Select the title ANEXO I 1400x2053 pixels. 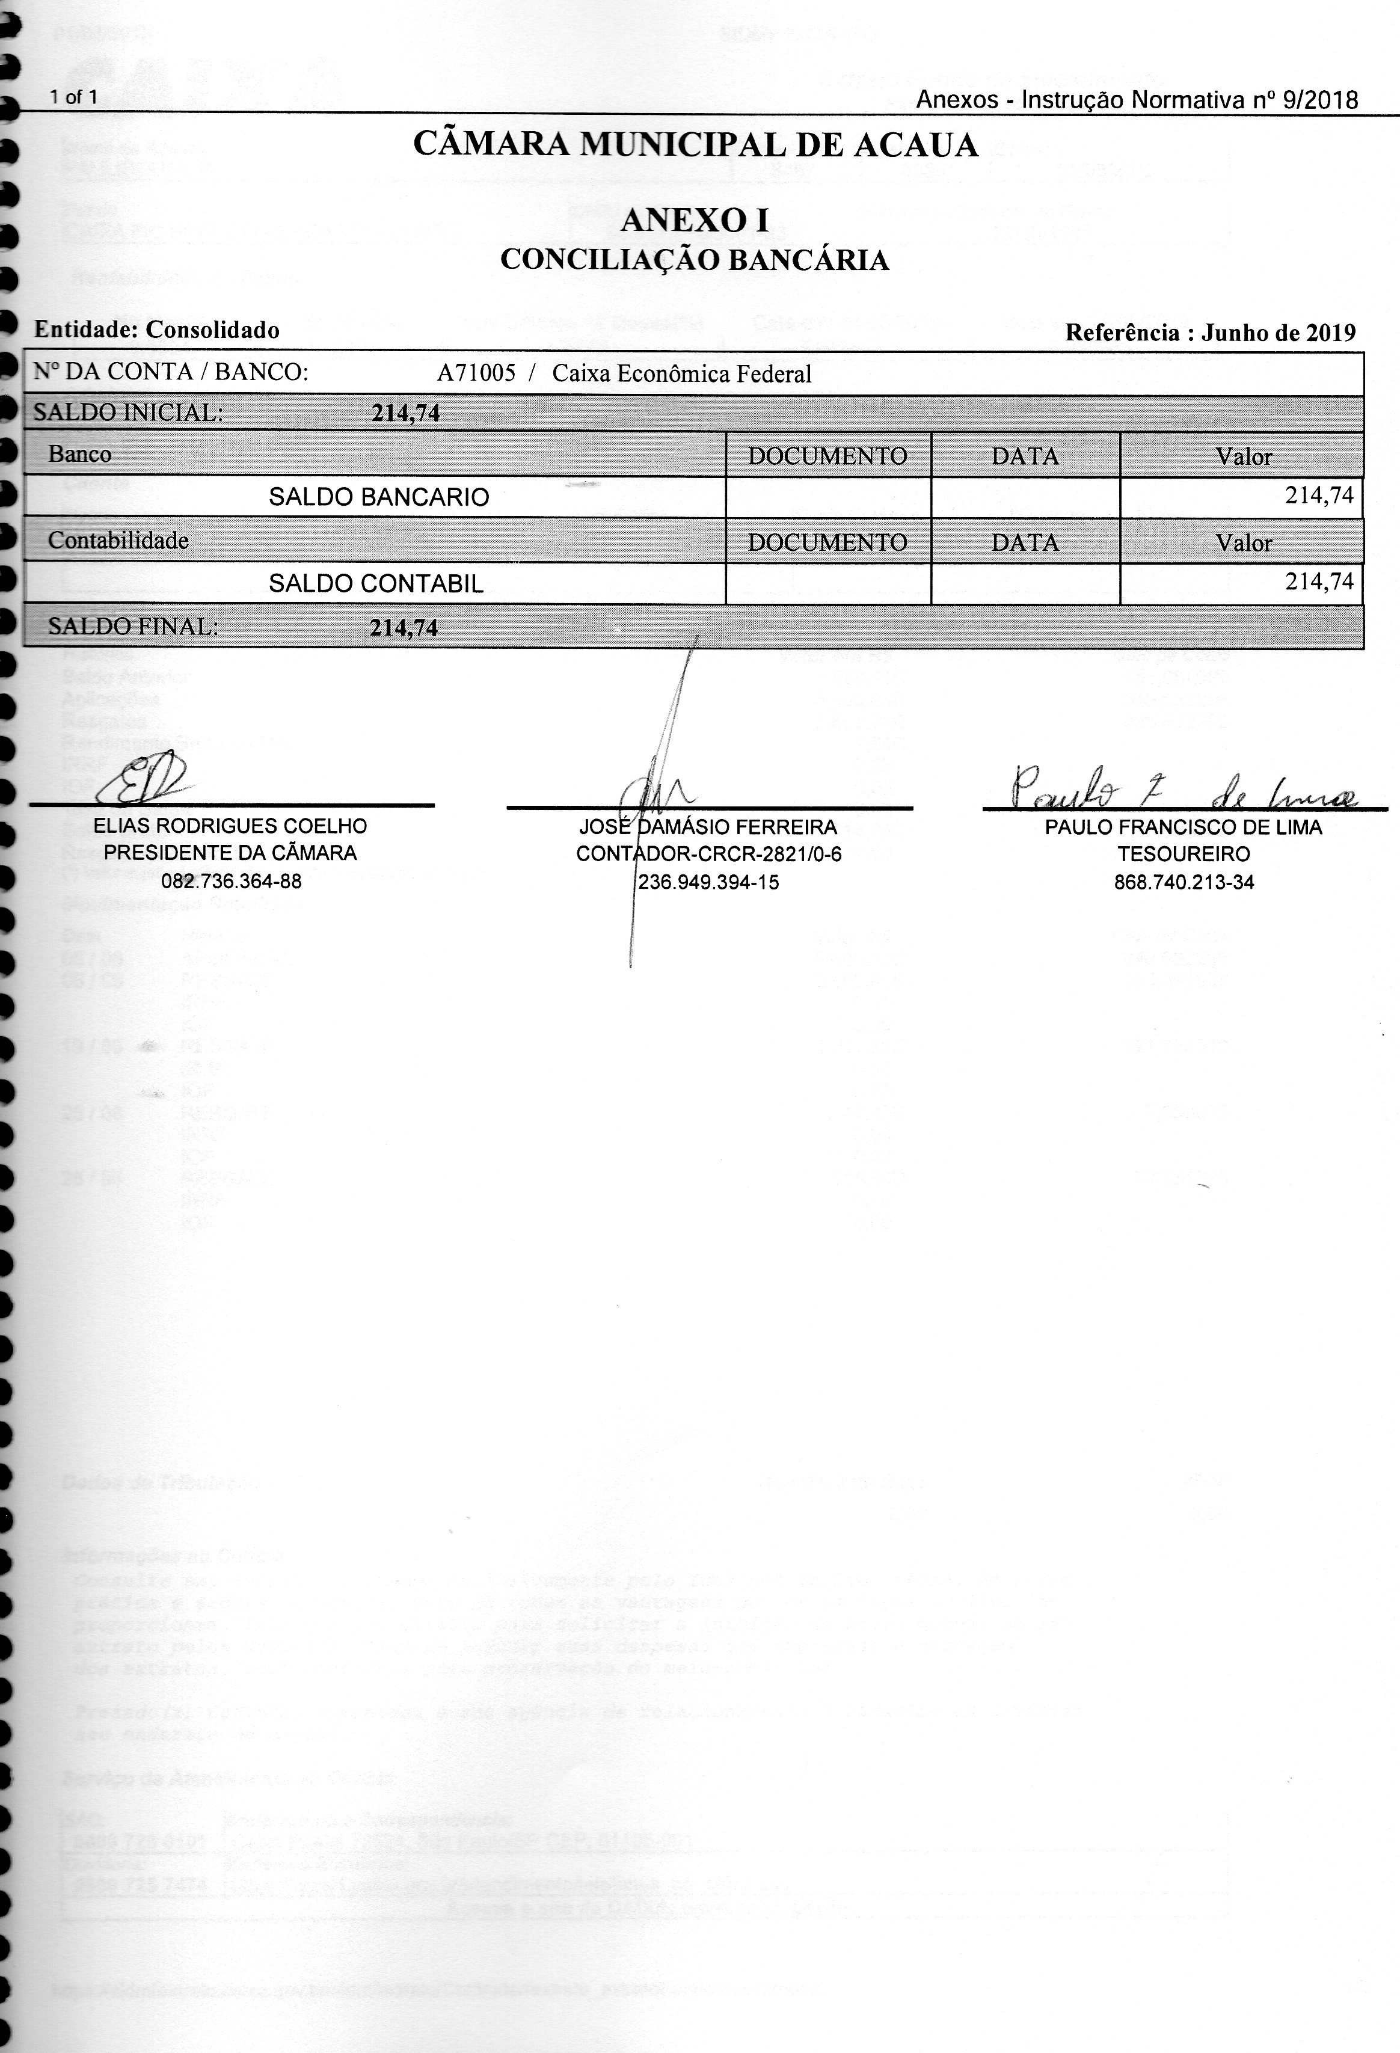695,220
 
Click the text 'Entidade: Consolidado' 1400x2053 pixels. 156,330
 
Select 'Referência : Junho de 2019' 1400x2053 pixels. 1210,333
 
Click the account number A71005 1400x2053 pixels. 476,373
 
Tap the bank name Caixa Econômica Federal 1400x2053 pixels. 681,375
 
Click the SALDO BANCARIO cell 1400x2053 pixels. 379,497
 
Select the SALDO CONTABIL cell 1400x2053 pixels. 376,584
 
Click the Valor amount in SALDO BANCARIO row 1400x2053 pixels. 1319,496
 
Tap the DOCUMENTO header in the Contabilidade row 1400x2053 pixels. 827,542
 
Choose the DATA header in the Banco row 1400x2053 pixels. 1025,456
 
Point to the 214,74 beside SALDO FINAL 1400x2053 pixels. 404,628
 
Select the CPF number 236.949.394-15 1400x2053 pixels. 708,882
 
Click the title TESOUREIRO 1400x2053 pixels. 1184,855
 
